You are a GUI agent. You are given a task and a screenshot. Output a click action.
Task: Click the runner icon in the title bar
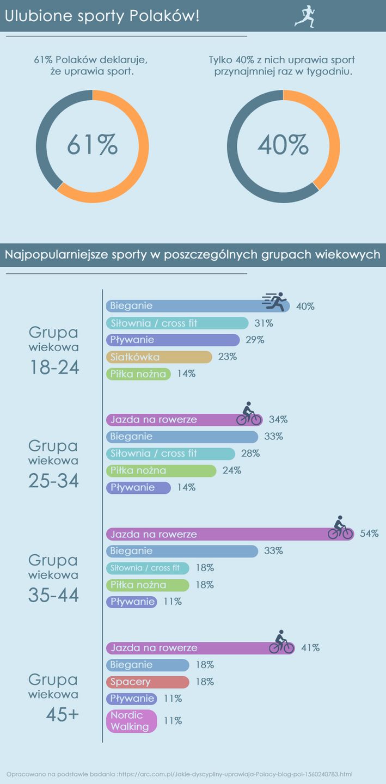305,16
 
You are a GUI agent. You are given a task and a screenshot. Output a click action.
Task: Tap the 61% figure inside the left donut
93,145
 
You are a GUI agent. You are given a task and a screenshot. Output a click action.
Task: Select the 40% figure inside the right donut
283,145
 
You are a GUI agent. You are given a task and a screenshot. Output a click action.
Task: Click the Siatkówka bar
158,357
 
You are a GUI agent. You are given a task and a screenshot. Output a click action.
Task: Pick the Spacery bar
147,682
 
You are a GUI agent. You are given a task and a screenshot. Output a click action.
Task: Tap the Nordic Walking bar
131,721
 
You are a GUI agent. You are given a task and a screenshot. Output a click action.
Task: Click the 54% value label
369,534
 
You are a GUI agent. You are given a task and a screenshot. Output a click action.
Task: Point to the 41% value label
310,648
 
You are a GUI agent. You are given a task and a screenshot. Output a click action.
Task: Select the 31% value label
264,323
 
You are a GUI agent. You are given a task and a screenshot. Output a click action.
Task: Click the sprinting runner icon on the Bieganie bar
275,301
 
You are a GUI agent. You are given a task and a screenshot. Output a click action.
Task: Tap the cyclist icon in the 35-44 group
340,528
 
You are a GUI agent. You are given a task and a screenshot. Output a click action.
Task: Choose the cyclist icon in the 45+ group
281,642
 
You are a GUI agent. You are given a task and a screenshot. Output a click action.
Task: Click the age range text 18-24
54,368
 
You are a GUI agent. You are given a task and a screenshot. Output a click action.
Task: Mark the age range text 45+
63,715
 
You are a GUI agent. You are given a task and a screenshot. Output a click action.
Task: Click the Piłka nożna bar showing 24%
161,470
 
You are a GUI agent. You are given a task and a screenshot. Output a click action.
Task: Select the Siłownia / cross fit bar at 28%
170,454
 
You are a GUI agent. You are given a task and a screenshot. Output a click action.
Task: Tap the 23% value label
227,357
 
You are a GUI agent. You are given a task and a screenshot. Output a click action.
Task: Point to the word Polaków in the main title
163,16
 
